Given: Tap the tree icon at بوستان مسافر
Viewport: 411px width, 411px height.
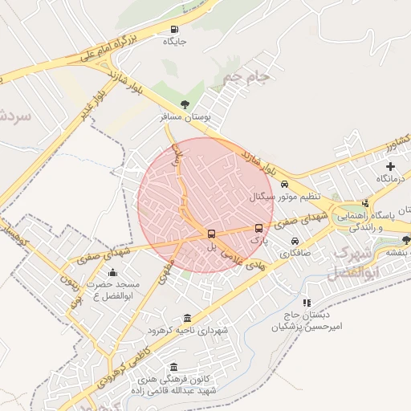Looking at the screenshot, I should pyautogui.click(x=185, y=104).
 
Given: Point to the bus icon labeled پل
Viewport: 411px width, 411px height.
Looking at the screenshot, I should pyautogui.click(x=211, y=234).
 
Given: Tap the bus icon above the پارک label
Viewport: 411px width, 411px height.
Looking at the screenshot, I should pyautogui.click(x=258, y=228).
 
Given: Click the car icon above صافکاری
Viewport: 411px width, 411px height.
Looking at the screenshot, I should pyautogui.click(x=295, y=241).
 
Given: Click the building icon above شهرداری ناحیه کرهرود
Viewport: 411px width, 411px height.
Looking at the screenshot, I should pyautogui.click(x=187, y=318).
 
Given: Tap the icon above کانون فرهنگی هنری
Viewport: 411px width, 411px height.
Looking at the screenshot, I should pyautogui.click(x=174, y=367).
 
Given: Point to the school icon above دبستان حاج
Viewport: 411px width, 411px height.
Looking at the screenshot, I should pyautogui.click(x=307, y=303).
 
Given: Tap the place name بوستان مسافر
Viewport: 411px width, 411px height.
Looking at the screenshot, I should pyautogui.click(x=185, y=117).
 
